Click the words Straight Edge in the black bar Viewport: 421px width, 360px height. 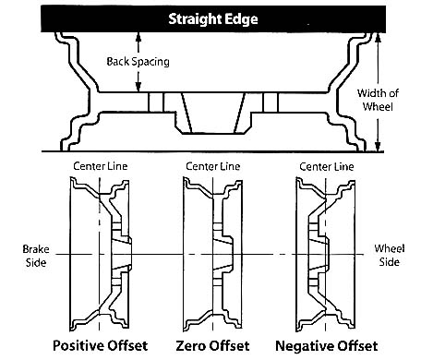pos(213,19)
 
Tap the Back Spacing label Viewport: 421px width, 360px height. pos(138,62)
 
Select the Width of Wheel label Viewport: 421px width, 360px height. pos(378,100)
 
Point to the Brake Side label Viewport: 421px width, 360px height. pos(36,256)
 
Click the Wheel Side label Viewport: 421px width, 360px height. pos(390,255)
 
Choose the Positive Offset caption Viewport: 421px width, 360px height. pos(101,345)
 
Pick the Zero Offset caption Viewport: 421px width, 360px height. pos(212,346)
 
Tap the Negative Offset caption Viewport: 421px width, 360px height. pos(327,346)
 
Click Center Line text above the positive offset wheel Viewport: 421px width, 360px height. pos(101,166)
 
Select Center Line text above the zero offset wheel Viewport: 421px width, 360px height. pos(213,166)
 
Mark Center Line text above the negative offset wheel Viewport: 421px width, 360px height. pos(327,167)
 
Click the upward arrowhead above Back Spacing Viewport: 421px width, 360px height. pos(138,37)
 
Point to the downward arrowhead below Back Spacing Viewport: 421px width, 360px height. pos(138,87)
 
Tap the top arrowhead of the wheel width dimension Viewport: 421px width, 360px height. pos(379,38)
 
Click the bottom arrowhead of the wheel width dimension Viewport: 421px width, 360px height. pos(379,146)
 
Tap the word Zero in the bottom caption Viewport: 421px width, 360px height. pos(190,346)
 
